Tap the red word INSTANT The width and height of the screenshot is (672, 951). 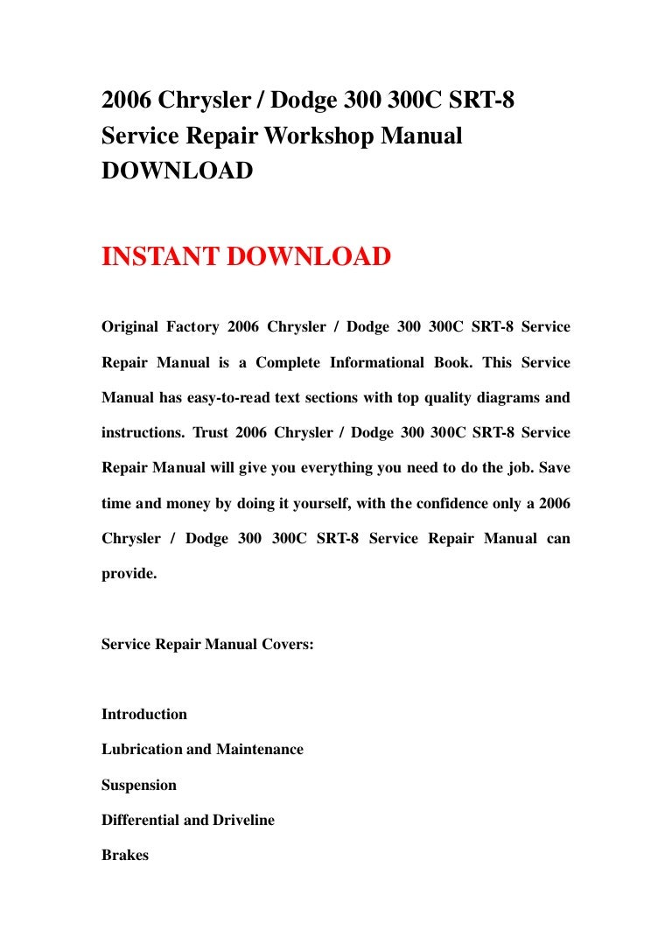click(160, 257)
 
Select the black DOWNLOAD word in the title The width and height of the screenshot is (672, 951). click(178, 171)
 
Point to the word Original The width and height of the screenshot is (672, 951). click(130, 327)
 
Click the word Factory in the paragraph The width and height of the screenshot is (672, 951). click(193, 327)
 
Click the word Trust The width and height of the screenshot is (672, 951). click(210, 432)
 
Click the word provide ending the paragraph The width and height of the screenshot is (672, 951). click(129, 573)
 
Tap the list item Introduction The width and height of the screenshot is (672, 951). click(144, 714)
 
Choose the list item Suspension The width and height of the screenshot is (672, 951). click(139, 785)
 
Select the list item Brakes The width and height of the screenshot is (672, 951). click(125, 855)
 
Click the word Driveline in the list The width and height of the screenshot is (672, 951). click(238, 820)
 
